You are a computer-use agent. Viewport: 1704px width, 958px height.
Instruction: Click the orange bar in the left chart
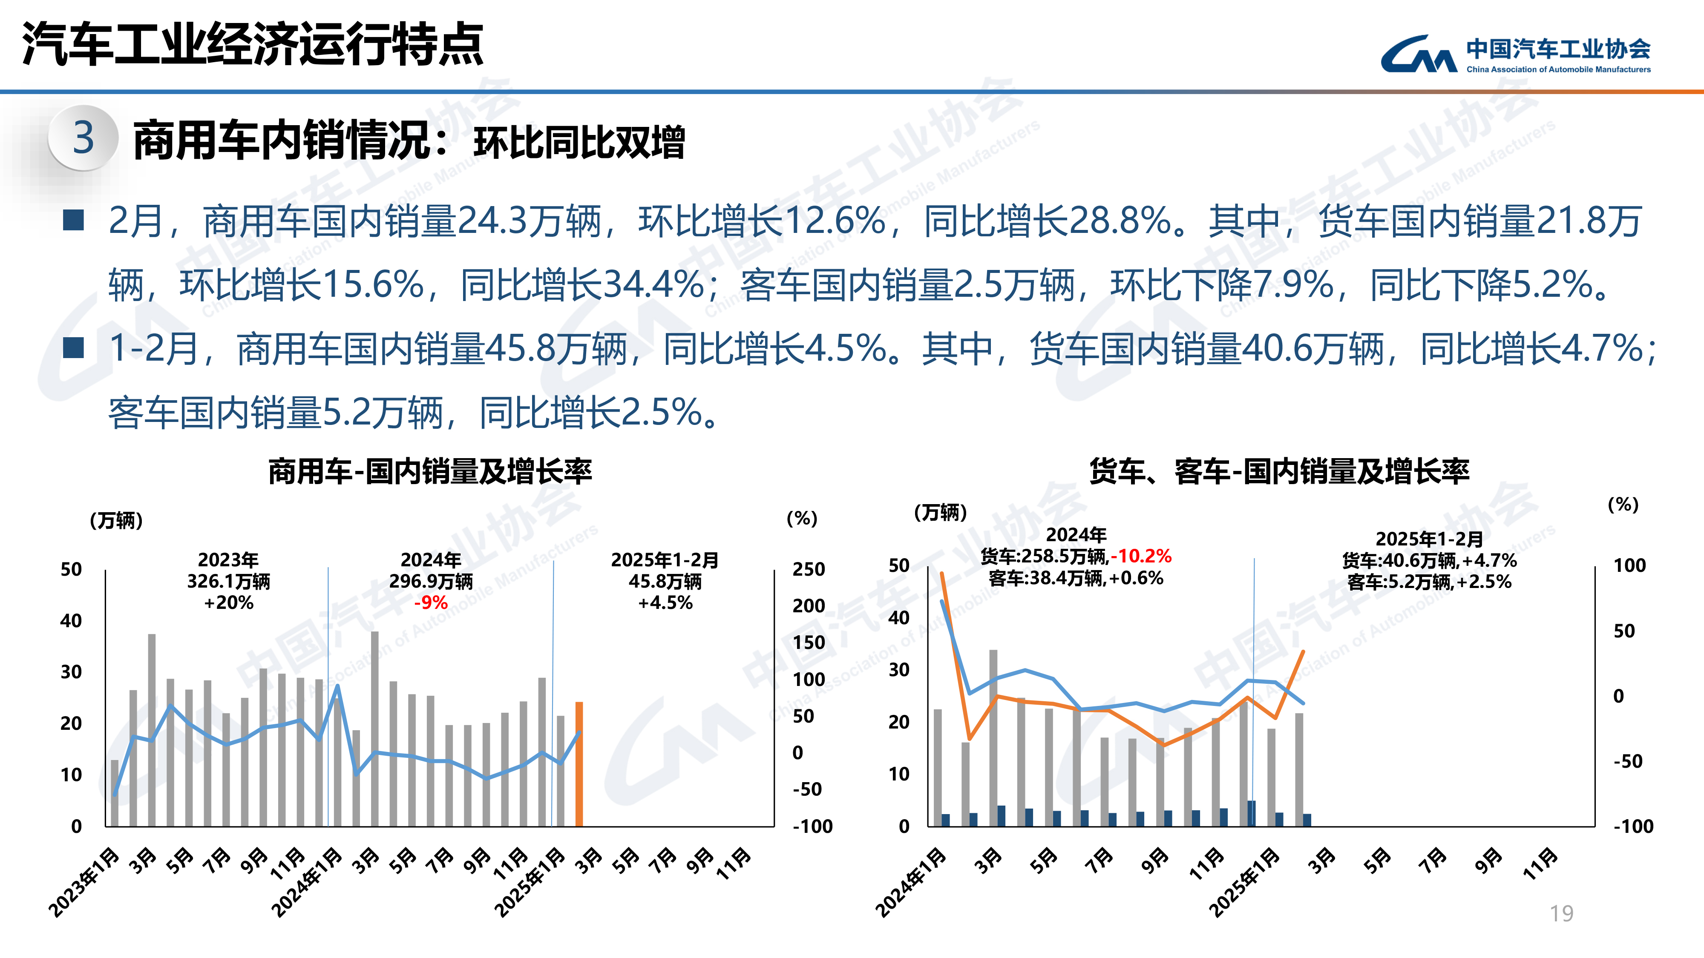click(x=579, y=763)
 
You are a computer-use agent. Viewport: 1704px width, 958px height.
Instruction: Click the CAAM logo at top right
click(x=1515, y=54)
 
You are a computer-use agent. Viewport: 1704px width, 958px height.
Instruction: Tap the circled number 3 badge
click(x=83, y=138)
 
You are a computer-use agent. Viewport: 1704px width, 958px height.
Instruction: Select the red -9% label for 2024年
click(x=431, y=602)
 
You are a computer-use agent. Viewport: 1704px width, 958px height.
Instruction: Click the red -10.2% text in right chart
click(x=1141, y=556)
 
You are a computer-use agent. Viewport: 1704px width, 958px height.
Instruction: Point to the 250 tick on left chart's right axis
click(x=809, y=569)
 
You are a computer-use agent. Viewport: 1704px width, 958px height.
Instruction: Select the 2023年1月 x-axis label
click(x=85, y=883)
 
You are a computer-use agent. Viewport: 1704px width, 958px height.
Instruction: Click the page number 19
click(x=1561, y=913)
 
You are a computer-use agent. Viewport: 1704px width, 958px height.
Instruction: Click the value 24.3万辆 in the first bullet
click(x=529, y=221)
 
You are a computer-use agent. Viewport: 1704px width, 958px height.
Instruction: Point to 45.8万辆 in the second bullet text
click(x=556, y=348)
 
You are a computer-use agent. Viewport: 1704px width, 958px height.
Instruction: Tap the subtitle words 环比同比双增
click(x=579, y=142)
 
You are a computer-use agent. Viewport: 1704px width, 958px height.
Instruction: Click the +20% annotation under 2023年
click(x=228, y=602)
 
